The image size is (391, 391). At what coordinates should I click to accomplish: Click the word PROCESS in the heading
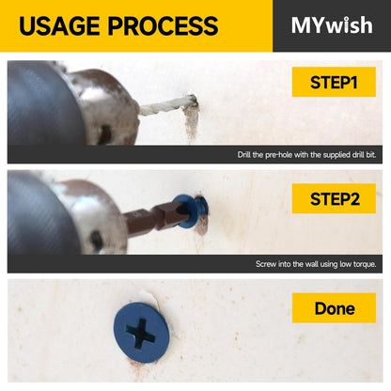(164, 25)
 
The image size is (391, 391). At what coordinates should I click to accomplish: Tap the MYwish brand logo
(332, 25)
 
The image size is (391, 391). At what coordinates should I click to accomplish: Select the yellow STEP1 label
(334, 82)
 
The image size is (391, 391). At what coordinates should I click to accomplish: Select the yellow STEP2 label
(334, 198)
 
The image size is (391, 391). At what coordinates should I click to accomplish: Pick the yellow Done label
(334, 308)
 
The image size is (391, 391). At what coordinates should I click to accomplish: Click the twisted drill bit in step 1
(167, 105)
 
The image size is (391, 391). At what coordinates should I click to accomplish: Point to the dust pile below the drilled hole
(191, 124)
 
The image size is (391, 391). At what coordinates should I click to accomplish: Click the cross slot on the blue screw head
(141, 333)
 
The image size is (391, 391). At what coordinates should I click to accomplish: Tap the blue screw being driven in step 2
(191, 211)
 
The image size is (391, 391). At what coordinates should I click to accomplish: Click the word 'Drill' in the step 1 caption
(243, 155)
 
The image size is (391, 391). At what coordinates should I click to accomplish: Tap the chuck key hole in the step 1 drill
(104, 133)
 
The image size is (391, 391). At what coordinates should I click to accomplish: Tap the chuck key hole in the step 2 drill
(97, 241)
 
